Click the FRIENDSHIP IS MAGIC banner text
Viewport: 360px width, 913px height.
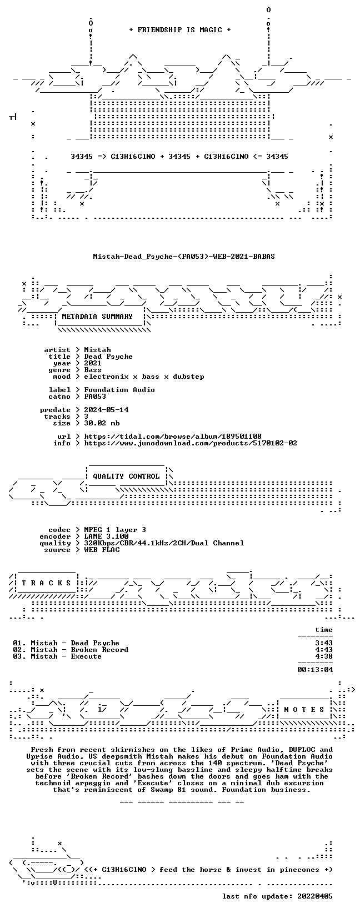[x=180, y=30]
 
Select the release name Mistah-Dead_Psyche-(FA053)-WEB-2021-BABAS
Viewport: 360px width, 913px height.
[x=184, y=257]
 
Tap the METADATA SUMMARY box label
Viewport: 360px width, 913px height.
[x=97, y=317]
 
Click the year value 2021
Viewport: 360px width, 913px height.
[x=93, y=363]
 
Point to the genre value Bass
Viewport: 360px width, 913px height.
[x=93, y=370]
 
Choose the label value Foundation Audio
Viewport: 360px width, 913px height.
[x=119, y=390]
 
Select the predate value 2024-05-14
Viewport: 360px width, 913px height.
[x=106, y=410]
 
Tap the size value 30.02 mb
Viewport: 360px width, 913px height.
[x=102, y=423]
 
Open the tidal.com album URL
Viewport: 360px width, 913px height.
[x=173, y=437]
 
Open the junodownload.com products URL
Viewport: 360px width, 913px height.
[x=191, y=443]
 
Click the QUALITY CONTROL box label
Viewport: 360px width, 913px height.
[x=126, y=476]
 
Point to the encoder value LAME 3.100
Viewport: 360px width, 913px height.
[x=106, y=536]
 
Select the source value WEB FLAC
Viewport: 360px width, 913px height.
[x=102, y=550]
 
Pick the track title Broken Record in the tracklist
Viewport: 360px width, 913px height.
[x=99, y=650]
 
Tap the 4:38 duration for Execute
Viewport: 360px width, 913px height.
[x=324, y=656]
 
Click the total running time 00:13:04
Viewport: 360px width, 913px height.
[x=315, y=669]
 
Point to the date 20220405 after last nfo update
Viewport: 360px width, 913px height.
[x=315, y=896]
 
